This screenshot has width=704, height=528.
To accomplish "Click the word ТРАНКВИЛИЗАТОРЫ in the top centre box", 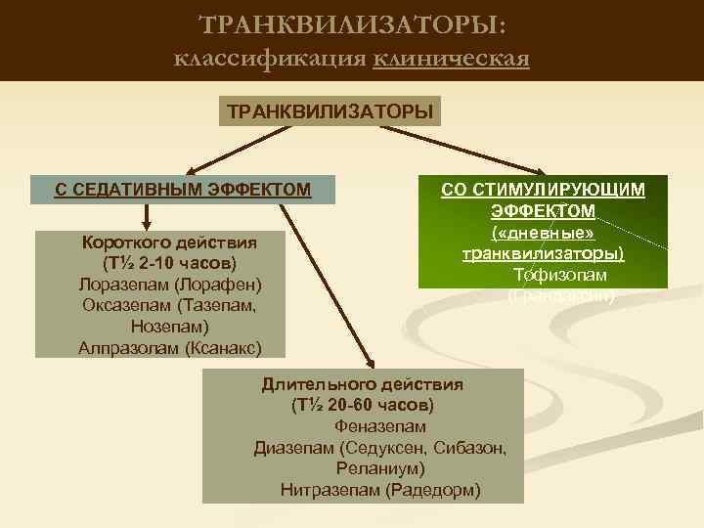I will coord(330,110).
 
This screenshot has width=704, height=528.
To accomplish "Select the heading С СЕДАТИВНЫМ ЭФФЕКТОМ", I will coord(183,188).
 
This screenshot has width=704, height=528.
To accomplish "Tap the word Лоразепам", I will coord(120,285).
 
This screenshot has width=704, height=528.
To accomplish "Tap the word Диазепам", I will coord(295,448).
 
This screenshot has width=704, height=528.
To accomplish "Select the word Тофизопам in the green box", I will coord(559,275).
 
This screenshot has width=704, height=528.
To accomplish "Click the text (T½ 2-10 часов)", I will coord(168,263).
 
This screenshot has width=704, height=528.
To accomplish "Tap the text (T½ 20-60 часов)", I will coord(363,405).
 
